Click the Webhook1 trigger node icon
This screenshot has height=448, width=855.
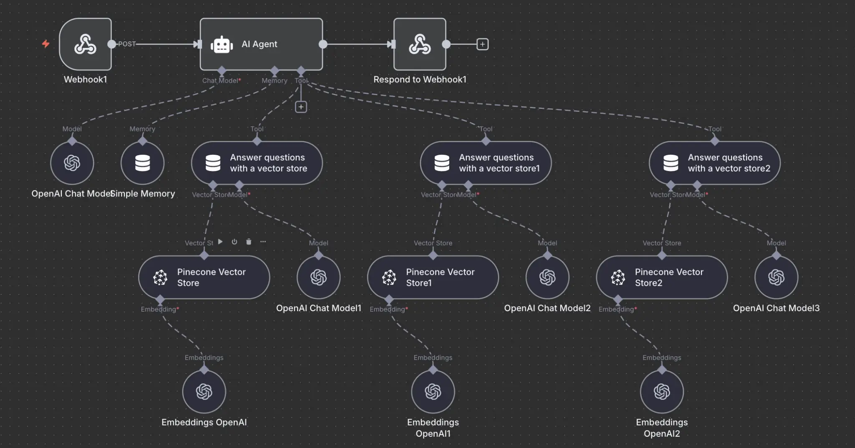pyautogui.click(x=85, y=44)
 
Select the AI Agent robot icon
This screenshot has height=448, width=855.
pyautogui.click(x=222, y=44)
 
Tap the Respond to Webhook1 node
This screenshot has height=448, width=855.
pyautogui.click(x=420, y=44)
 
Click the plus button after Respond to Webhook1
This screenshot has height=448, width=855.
pyautogui.click(x=482, y=44)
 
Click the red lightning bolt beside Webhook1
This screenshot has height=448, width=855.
pyautogui.click(x=46, y=44)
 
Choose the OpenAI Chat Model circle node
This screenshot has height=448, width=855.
pyautogui.click(x=72, y=163)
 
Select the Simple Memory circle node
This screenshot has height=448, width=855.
pyautogui.click(x=142, y=163)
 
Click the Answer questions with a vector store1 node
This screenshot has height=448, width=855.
pyautogui.click(x=486, y=163)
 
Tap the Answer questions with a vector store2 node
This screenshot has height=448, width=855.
pyautogui.click(x=714, y=163)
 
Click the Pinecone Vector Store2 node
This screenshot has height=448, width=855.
pyautogui.click(x=662, y=277)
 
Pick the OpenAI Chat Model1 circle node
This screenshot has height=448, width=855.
pyautogui.click(x=319, y=277)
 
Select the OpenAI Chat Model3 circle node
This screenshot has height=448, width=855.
pyautogui.click(x=776, y=277)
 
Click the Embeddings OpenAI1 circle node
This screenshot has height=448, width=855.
pyautogui.click(x=433, y=392)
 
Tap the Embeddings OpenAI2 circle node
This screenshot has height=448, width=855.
pyautogui.click(x=662, y=392)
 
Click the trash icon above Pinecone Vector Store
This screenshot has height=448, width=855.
pyautogui.click(x=249, y=242)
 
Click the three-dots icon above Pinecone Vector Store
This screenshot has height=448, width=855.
pyautogui.click(x=263, y=242)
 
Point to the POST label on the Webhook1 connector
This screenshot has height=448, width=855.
pyautogui.click(x=127, y=44)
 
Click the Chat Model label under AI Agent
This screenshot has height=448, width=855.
pyautogui.click(x=220, y=81)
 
